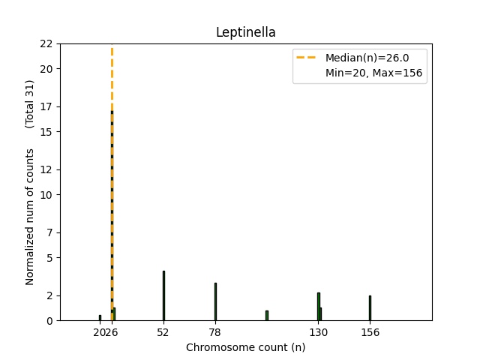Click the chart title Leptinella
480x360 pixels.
(245, 32)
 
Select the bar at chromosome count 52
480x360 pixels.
(163, 296)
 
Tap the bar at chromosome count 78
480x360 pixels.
(215, 302)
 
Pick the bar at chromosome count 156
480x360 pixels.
(370, 308)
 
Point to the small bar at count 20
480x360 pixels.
(100, 318)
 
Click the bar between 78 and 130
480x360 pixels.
(266, 316)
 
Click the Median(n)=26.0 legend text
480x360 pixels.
(366, 57)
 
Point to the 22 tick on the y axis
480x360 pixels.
(46, 43)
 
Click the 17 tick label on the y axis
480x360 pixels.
(46, 106)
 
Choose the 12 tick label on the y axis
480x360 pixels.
(46, 169)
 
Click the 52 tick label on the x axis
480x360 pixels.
(163, 332)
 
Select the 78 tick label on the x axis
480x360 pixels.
(215, 332)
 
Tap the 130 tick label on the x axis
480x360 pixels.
(319, 332)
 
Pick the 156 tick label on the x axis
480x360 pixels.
(370, 332)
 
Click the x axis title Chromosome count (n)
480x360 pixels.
(245, 347)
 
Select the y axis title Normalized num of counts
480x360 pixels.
(30, 217)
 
